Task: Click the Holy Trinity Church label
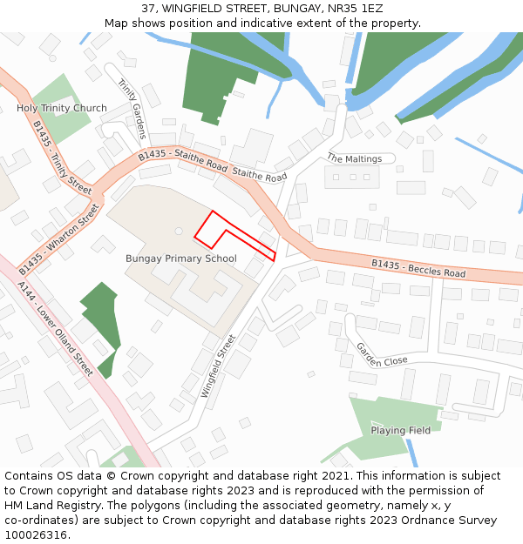tap(62, 109)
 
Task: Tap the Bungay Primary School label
tap(181, 259)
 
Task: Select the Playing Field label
tap(400, 430)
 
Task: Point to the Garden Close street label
tap(381, 354)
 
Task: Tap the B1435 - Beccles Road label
tap(418, 268)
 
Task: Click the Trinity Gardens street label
tap(132, 109)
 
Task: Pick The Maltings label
tap(354, 158)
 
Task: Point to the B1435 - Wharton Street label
tap(60, 234)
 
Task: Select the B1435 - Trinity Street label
tap(62, 157)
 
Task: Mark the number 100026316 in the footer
tap(37, 535)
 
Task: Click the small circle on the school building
tap(178, 231)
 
